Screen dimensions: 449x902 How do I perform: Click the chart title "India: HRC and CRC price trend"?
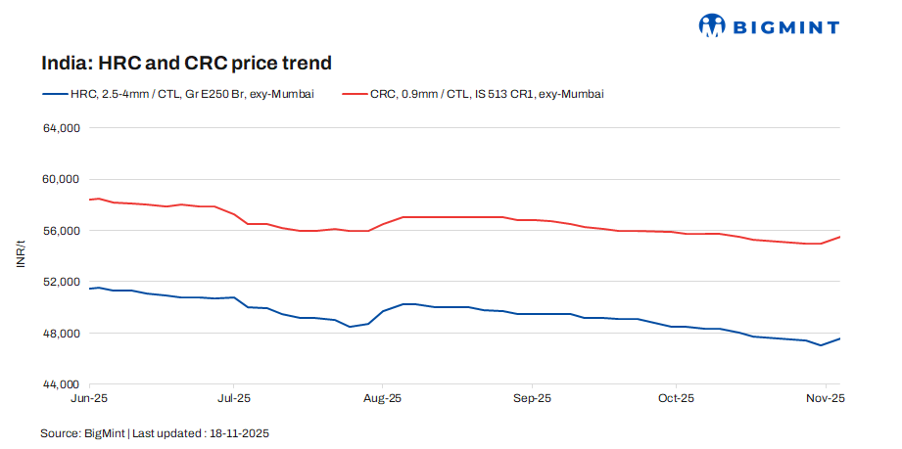coord(186,64)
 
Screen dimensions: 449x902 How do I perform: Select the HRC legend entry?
coord(177,94)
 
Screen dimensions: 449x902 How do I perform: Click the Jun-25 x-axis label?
coord(90,399)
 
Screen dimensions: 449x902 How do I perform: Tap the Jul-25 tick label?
coord(234,399)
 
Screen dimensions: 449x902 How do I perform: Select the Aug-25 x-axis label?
coord(382,399)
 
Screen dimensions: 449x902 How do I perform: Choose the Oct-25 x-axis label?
coord(675,399)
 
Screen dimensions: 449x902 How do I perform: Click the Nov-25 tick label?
coord(825,399)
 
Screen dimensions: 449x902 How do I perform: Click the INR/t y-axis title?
coord(22,256)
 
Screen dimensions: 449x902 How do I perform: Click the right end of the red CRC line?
coord(840,237)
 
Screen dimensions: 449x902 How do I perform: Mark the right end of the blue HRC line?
coord(840,338)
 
